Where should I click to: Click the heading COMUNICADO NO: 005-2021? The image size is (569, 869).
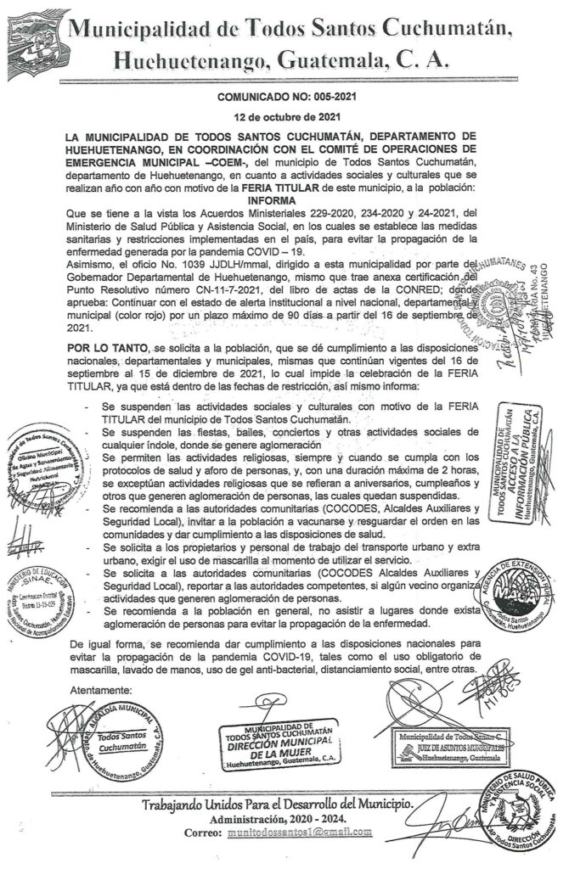click(284, 98)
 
